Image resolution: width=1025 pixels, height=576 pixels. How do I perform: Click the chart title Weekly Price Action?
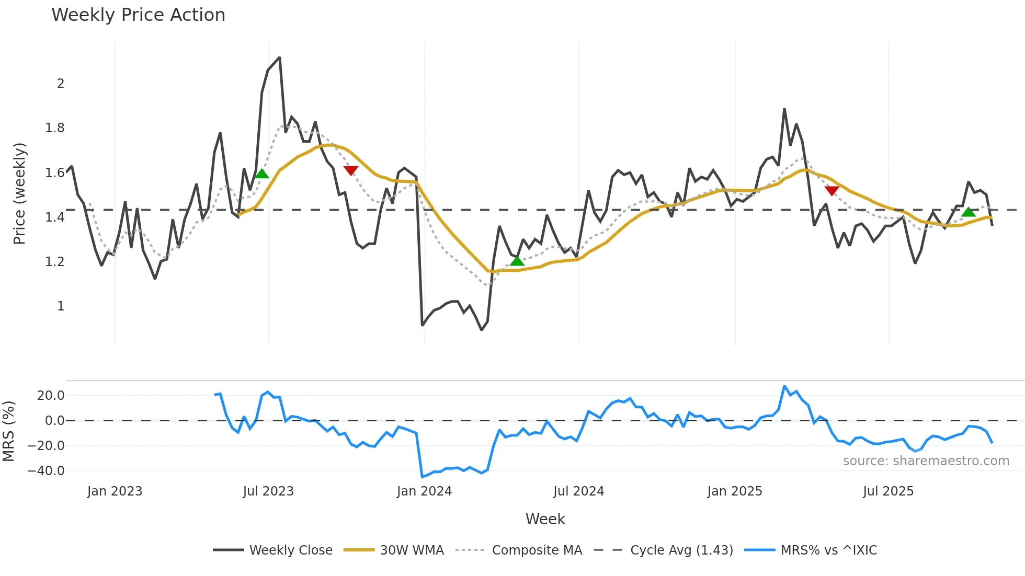(x=138, y=15)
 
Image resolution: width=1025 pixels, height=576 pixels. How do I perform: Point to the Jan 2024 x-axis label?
(x=424, y=491)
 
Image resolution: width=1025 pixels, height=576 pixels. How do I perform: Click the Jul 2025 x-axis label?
(x=888, y=491)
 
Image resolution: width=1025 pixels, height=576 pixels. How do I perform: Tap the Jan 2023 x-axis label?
(x=115, y=491)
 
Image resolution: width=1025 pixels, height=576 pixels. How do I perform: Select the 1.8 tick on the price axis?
(x=55, y=128)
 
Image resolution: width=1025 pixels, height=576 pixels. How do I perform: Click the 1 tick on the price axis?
(x=61, y=306)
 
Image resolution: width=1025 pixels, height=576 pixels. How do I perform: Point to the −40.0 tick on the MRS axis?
(x=46, y=471)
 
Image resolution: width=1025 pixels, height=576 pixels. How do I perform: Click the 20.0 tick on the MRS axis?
(x=51, y=396)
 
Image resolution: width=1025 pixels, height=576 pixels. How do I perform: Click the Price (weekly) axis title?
(x=19, y=193)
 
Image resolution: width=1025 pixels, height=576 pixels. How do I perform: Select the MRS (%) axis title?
(x=9, y=431)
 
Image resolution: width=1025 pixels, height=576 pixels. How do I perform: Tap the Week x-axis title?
(x=545, y=519)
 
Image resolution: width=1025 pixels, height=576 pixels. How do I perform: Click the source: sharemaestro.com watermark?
(x=926, y=461)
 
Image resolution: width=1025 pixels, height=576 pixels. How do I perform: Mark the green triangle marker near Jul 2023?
(x=261, y=174)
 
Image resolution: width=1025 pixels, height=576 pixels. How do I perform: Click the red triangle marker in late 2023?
(x=351, y=170)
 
